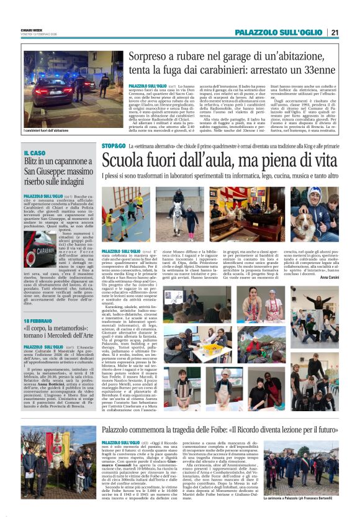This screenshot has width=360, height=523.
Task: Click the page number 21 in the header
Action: tap(335, 32)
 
